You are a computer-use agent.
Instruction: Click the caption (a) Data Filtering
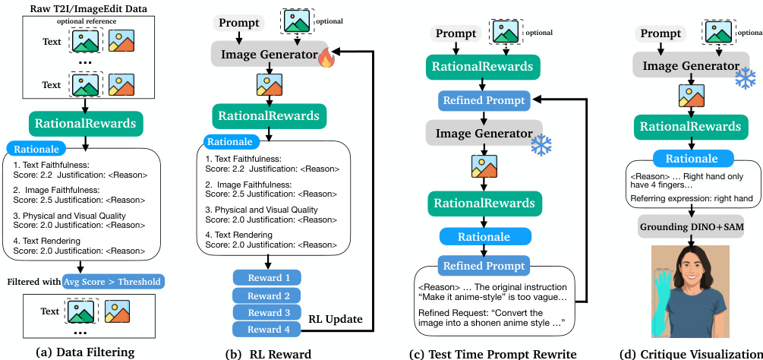tap(85, 352)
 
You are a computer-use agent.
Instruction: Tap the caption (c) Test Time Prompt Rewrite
tap(492, 352)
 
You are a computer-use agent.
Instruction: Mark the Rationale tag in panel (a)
tap(36, 150)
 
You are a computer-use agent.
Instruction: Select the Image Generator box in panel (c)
tap(484, 133)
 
